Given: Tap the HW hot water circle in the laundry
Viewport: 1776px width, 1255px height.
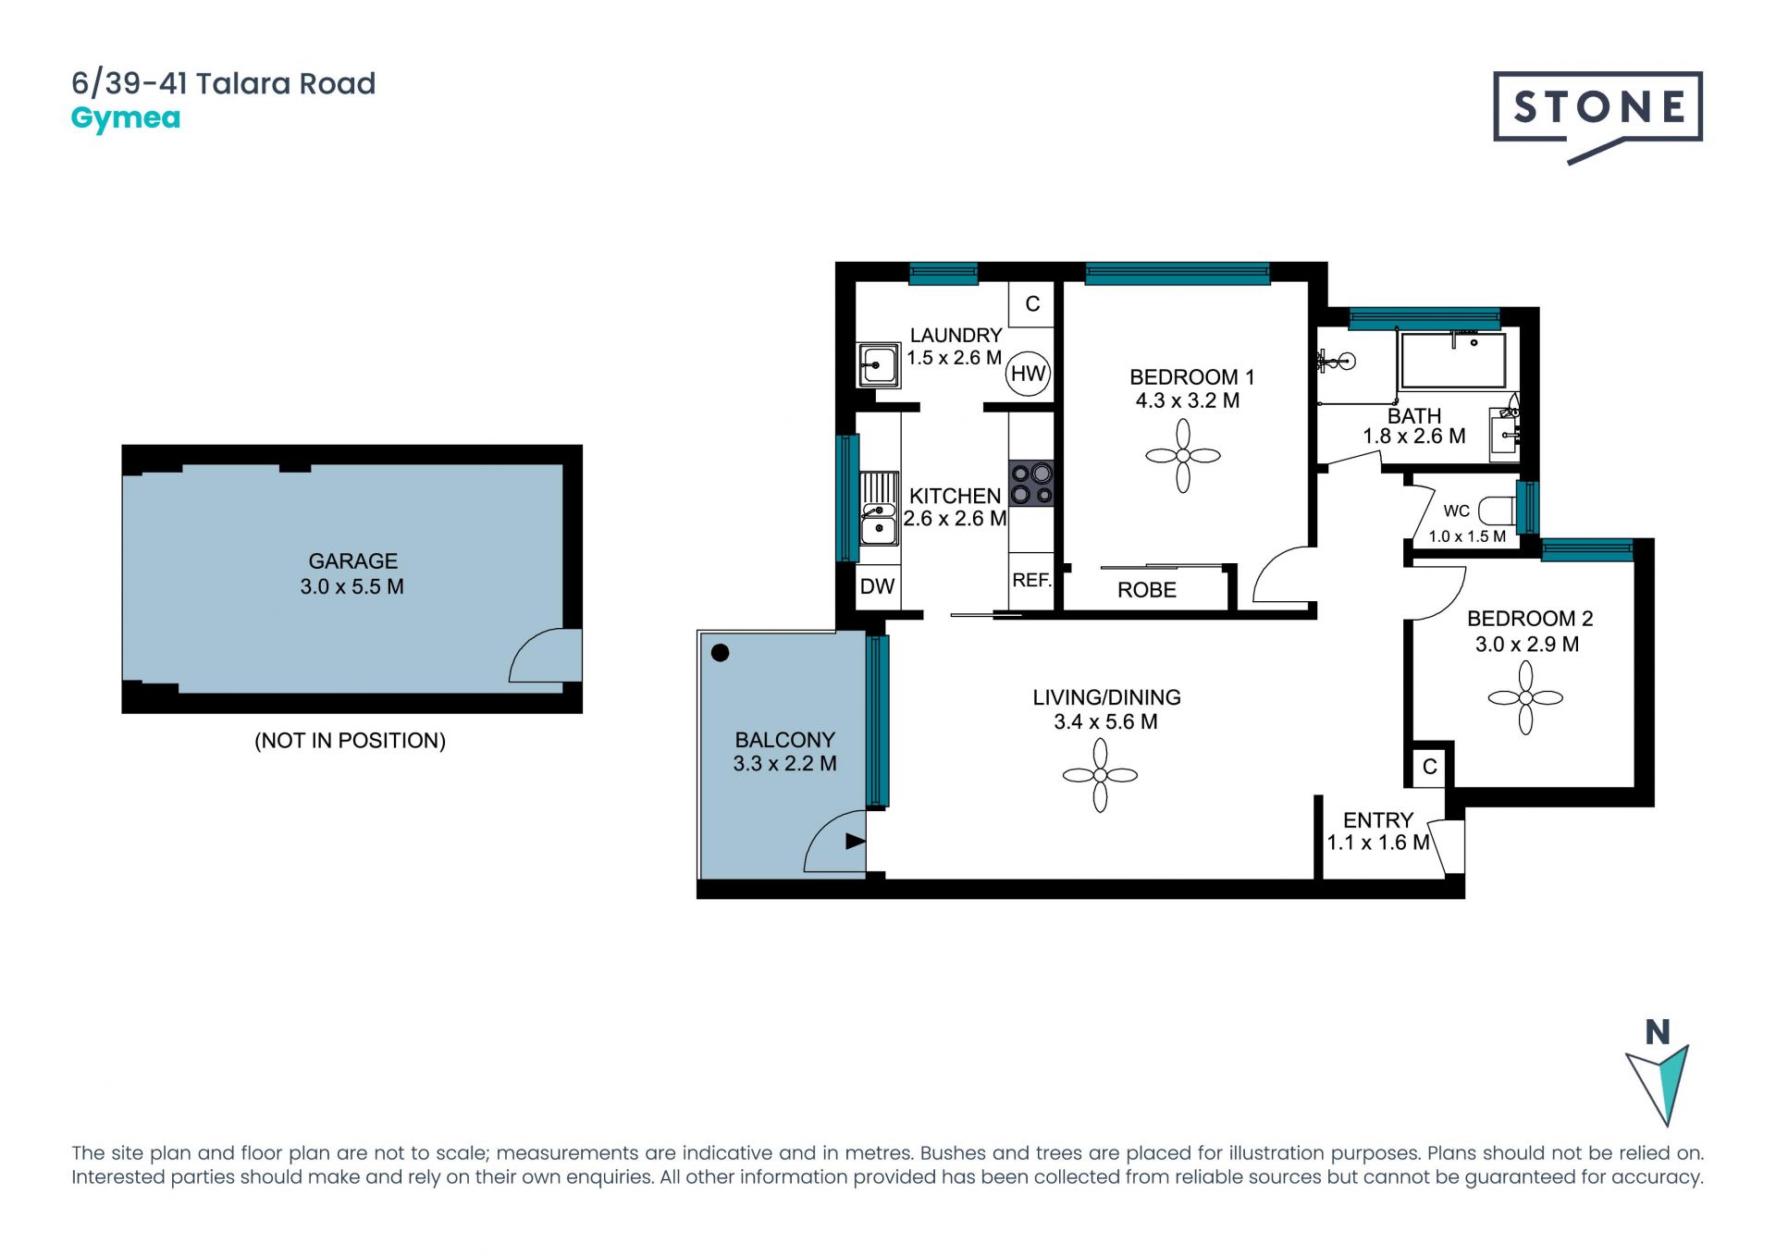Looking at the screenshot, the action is point(1028,374).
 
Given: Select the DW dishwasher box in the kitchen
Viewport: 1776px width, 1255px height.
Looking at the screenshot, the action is point(878,586).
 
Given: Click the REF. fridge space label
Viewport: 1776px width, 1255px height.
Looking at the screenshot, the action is point(1031,581).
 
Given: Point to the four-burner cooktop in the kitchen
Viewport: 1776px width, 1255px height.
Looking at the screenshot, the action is point(1031,484).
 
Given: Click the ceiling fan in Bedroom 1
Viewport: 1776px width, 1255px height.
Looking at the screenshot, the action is point(1183,456).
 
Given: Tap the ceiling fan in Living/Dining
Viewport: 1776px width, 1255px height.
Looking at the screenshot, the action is point(1100,775).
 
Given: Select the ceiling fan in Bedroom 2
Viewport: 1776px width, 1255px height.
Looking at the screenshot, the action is point(1525,698).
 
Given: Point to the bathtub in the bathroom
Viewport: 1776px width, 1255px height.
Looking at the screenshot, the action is point(1453,360).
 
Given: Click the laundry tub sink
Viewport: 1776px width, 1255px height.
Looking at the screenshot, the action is point(878,365).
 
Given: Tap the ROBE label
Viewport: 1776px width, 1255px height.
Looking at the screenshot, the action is point(1147,590).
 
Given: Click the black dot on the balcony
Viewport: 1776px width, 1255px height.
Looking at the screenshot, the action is point(721,653).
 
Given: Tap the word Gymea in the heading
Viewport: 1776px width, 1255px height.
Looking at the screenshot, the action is point(126,119).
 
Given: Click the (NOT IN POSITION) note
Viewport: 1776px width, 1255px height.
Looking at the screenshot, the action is point(350,741).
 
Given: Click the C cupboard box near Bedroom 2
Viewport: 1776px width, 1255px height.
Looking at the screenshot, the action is point(1430,767).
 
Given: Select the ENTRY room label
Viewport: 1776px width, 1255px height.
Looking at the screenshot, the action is point(1378,820).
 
